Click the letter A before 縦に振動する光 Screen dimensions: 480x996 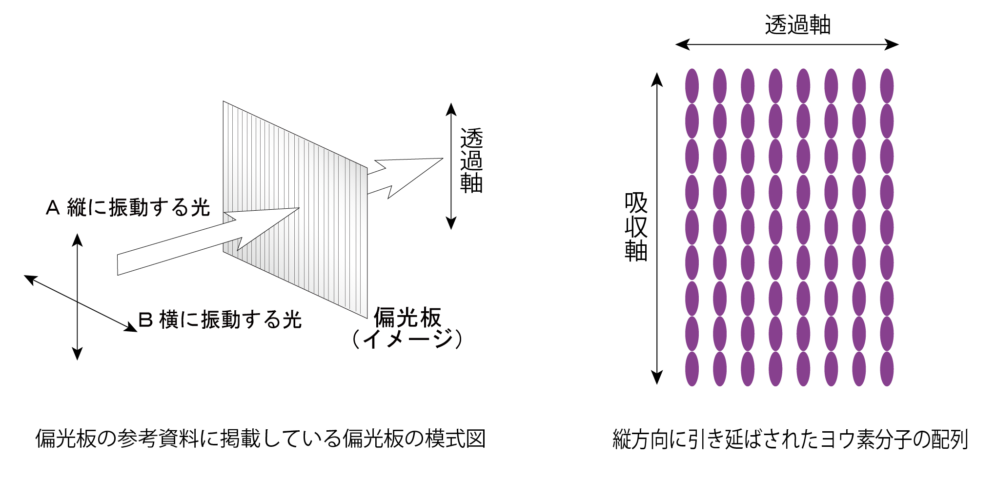tap(53, 208)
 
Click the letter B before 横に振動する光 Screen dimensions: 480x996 tap(145, 320)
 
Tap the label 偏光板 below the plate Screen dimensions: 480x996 tap(407, 318)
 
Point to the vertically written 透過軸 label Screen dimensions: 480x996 tap(471, 161)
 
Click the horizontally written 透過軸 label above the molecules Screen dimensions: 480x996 tap(797, 25)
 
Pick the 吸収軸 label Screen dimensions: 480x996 tap(636, 227)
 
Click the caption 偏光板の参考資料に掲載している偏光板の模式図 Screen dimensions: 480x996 tap(261, 439)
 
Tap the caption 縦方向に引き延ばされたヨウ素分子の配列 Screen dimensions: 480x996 tap(790, 439)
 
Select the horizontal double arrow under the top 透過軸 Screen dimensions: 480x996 tap(787, 45)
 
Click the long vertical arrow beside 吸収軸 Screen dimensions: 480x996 tap(657, 228)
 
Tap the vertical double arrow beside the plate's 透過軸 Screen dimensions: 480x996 tap(451, 166)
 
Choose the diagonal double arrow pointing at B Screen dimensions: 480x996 tap(81, 303)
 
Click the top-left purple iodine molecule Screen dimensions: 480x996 tap(691, 86)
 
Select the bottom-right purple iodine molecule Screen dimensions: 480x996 tap(887, 369)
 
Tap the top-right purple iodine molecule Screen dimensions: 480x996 tap(887, 86)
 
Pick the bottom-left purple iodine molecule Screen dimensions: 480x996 tap(691, 369)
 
